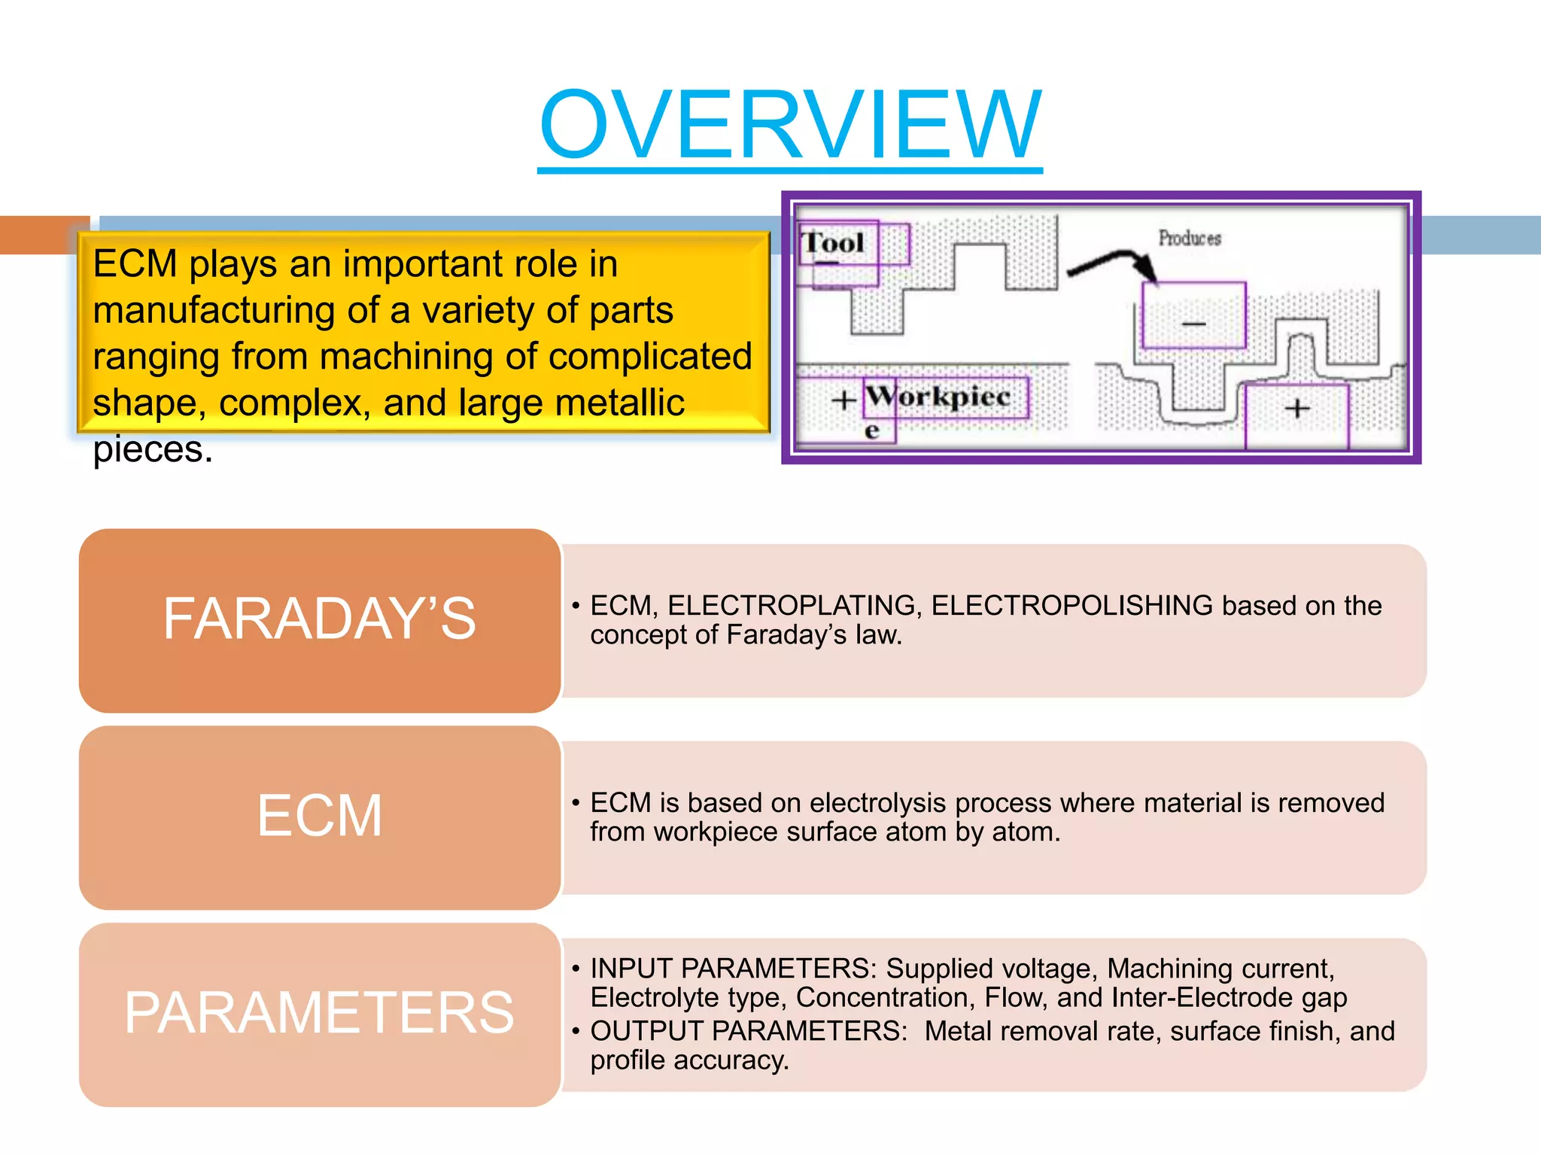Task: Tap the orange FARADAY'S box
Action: point(320,620)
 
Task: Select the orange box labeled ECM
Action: point(320,817)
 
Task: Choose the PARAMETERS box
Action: point(320,1014)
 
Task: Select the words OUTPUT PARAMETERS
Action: point(749,1031)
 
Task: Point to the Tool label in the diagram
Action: point(834,243)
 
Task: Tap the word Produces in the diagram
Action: point(1189,239)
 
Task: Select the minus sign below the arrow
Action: point(1194,324)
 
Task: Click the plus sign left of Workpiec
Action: point(843,400)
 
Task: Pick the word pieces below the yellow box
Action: point(153,450)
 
